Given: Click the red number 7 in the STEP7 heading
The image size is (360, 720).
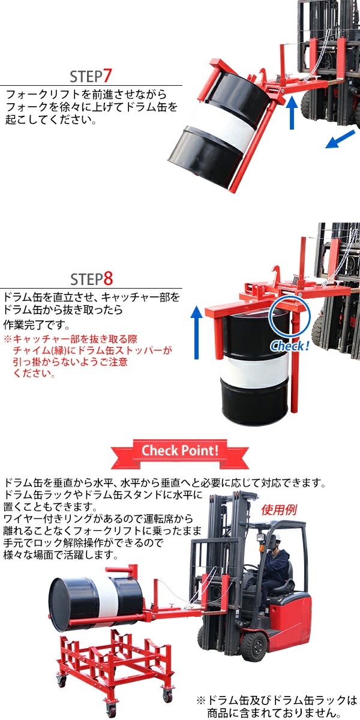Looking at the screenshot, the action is pos(107,76).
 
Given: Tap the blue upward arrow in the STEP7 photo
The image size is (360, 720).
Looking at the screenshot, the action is pos(292,113).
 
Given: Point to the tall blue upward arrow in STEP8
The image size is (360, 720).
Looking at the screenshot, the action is pos(196,332).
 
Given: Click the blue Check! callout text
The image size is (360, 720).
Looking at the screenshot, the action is pos(290,346).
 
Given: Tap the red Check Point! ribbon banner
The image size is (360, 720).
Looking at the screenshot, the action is pos(179,453).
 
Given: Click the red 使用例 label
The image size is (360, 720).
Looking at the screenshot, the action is pos(278,509).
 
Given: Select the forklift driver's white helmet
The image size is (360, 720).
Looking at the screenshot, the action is pos(276,536).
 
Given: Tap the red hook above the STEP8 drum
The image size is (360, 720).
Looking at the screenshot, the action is pos(276,273).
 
